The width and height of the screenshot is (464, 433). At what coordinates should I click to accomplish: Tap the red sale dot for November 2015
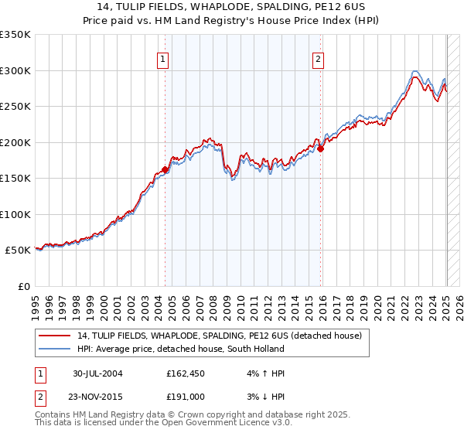click(321, 149)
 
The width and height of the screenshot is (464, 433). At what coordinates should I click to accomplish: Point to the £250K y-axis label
click(15, 107)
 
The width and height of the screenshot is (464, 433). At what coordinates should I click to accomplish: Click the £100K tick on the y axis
click(15, 214)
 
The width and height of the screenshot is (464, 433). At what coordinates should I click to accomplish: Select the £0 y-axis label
click(23, 286)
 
